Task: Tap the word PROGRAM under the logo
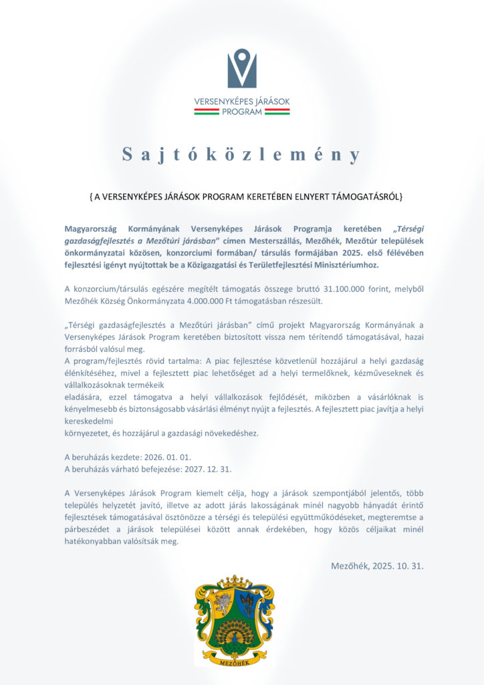(241, 112)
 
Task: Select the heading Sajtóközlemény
(241, 155)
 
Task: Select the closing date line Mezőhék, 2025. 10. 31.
(377, 566)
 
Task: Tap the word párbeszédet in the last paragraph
(90, 530)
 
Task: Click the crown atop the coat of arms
(234, 581)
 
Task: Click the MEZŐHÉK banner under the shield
(234, 661)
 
